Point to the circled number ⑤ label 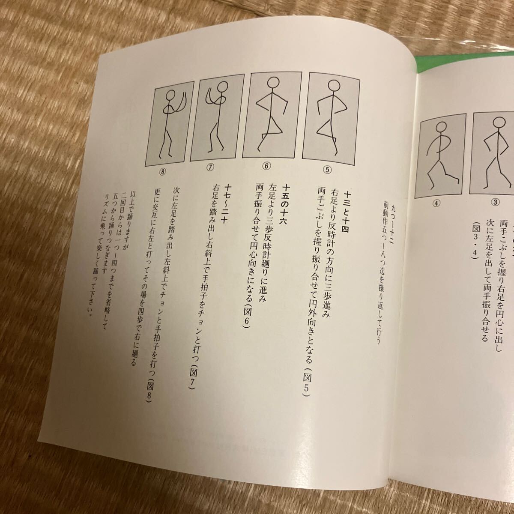click(328, 168)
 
